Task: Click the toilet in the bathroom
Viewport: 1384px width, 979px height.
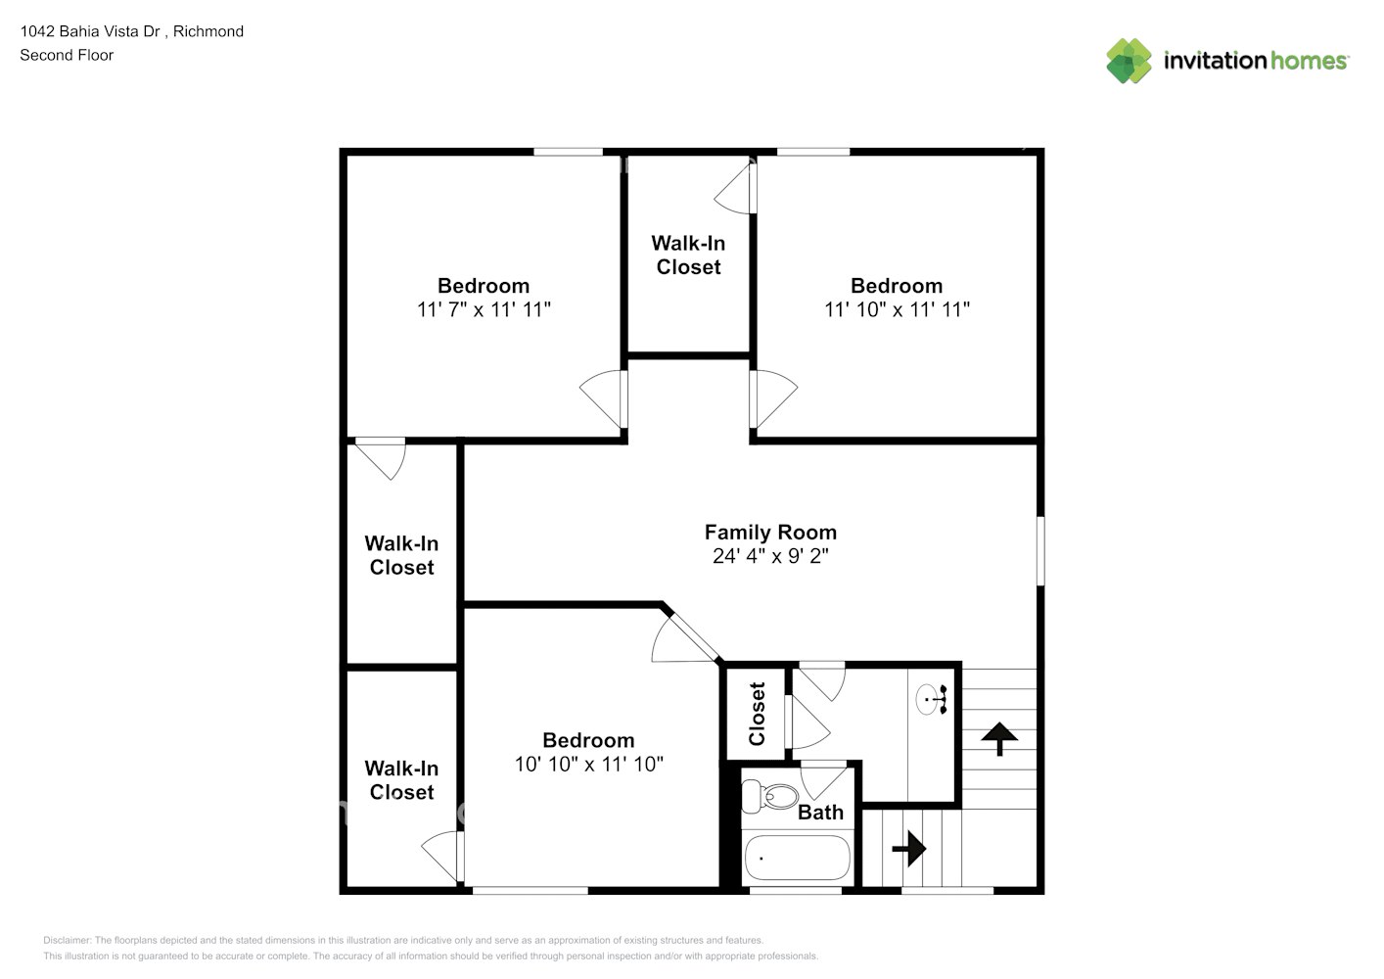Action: (770, 796)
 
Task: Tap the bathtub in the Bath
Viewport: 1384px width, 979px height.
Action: (797, 859)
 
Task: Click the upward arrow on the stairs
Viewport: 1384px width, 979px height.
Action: (999, 737)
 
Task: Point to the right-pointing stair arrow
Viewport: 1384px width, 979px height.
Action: (909, 848)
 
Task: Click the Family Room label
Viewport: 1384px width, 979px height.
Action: (770, 533)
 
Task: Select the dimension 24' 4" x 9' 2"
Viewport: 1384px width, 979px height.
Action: (770, 556)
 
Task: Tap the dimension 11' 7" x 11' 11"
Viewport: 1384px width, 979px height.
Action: (484, 309)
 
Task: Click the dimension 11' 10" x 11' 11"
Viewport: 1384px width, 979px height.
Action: (897, 309)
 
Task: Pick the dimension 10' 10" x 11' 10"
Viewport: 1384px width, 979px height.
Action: (588, 764)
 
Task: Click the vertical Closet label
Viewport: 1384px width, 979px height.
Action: (757, 714)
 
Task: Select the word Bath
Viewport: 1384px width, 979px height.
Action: (820, 813)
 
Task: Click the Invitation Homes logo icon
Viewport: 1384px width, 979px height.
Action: (1129, 61)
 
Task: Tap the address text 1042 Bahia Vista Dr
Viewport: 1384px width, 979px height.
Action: (90, 31)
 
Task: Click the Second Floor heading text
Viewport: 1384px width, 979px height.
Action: (67, 56)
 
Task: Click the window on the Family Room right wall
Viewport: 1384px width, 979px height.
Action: (1039, 551)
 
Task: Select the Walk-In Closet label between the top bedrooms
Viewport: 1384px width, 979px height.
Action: (688, 256)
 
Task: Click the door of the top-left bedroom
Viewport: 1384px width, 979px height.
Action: (605, 399)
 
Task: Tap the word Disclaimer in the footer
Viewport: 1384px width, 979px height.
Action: (67, 941)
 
